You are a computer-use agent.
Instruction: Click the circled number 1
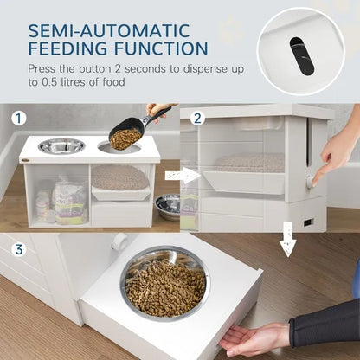[x=18, y=117]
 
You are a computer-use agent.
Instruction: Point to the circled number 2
[x=198, y=117]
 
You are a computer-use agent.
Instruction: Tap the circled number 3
[x=18, y=251]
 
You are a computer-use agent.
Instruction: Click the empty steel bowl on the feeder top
[x=62, y=145]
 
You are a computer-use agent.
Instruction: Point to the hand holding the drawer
[x=255, y=338]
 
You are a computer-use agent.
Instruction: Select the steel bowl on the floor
[x=168, y=206]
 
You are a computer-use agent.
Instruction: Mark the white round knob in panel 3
[x=119, y=242]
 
